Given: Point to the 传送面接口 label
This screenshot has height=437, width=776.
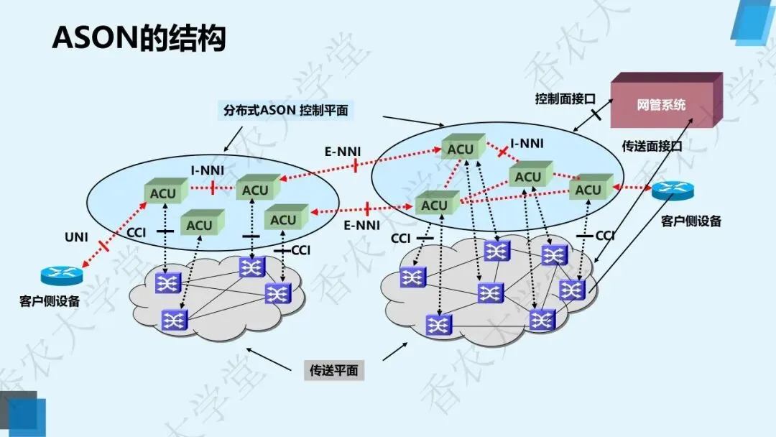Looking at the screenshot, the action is [651, 145].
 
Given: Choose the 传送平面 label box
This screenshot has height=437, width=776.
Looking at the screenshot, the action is [333, 371].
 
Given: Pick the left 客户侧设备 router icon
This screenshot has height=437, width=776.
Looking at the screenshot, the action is [62, 275].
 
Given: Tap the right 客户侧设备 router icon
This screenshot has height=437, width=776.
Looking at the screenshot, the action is [673, 190].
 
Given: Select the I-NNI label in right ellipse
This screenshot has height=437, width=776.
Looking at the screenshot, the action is [527, 144].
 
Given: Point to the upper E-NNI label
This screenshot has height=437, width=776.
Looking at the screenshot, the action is [343, 151].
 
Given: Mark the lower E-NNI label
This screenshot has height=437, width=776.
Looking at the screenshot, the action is [361, 225].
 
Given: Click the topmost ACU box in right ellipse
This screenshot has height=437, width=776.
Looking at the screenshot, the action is [460, 148].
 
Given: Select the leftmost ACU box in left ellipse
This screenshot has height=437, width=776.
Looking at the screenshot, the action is [162, 193].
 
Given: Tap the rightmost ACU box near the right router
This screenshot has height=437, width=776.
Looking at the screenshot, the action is [588, 189].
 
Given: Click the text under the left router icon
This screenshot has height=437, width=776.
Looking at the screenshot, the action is [50, 301].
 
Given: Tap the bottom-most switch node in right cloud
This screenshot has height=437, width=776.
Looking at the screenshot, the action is [435, 325].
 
